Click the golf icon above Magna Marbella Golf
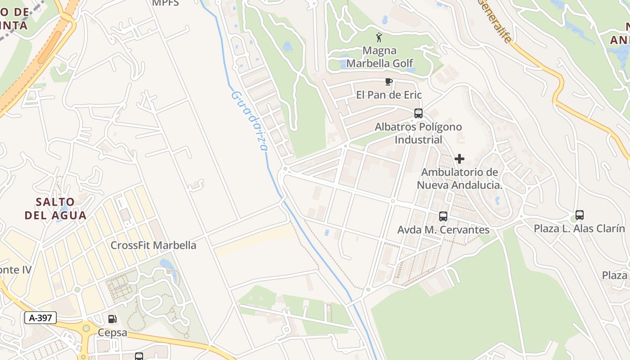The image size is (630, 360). coord(379,37)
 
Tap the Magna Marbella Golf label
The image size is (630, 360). coord(380,57)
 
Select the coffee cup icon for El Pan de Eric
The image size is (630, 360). coord(389,81)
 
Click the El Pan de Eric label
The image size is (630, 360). coord(389,95)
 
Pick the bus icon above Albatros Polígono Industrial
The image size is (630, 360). coord(418,113)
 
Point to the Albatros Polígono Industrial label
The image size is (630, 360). coord(418,133)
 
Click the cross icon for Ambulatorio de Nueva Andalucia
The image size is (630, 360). coord(459,159)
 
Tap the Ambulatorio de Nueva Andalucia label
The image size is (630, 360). coord(459,179)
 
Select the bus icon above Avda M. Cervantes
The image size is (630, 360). coord(443,216)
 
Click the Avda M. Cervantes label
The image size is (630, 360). coord(443,230)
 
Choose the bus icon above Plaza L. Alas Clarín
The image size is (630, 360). coord(580,215)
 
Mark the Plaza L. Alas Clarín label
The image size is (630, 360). coord(580,229)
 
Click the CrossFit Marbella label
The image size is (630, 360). coord(153,245)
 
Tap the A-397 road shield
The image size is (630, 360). coord(40,318)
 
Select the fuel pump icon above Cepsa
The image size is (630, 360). coord(112,319)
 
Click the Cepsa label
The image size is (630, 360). coord(112,333)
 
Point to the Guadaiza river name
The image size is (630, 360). coord(250,121)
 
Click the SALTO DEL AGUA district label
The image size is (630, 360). coord(55,208)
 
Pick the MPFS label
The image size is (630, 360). coord(166,3)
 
